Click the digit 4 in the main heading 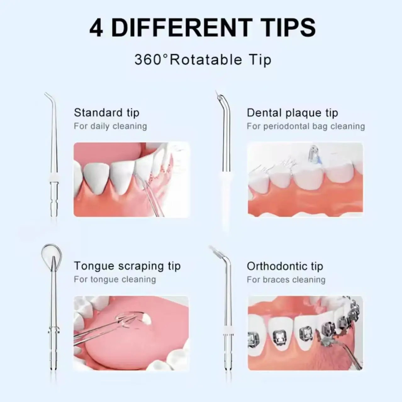[x=96, y=28]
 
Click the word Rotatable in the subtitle [x=206, y=60]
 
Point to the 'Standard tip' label [x=106, y=113]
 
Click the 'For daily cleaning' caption [x=110, y=126]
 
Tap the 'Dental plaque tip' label [x=292, y=113]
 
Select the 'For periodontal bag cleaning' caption [x=305, y=126]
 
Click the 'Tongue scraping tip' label [x=127, y=266]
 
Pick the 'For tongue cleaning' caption [x=115, y=280]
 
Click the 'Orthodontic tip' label [x=285, y=266]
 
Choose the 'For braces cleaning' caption [x=286, y=280]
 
